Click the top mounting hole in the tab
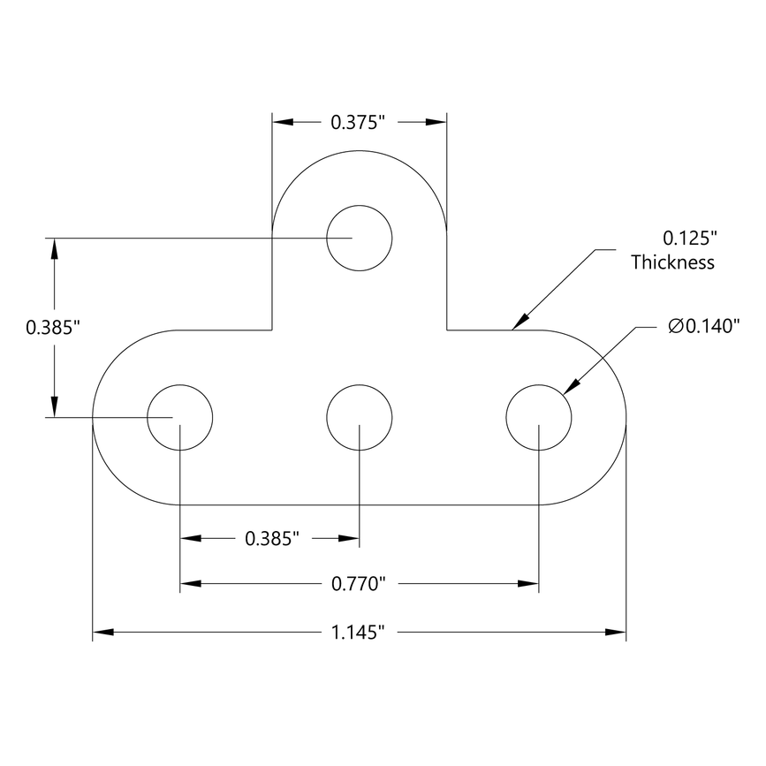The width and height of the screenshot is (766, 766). point(359,238)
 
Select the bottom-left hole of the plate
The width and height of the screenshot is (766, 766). point(180,417)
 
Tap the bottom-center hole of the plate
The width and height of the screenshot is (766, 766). point(359,417)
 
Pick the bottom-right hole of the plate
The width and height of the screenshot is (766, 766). point(538,417)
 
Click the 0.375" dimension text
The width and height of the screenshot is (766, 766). point(360,123)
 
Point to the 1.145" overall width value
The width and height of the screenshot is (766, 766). point(360,632)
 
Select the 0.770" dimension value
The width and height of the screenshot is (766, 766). point(360,583)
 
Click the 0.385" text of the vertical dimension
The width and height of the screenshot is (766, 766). point(53,328)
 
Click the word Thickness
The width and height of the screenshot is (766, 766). point(672,262)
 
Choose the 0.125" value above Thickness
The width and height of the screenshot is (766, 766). point(689,238)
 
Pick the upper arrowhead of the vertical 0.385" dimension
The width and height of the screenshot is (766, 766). point(55,248)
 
